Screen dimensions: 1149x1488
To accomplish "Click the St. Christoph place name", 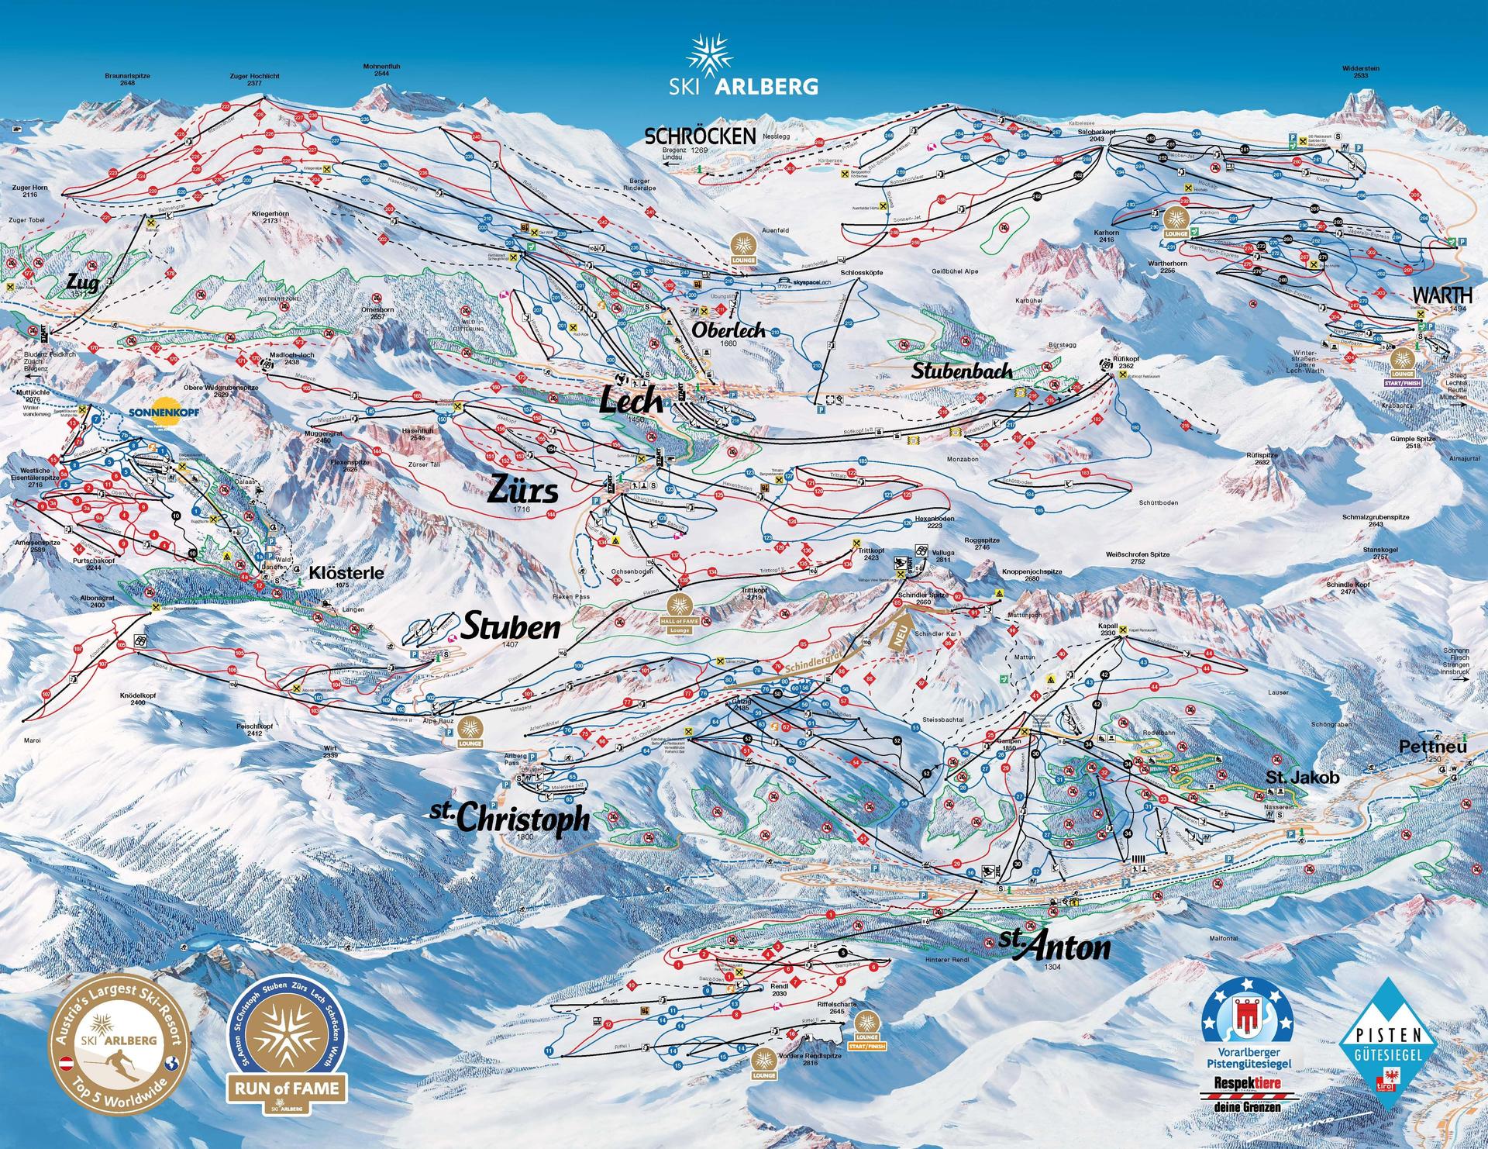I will pyautogui.click(x=509, y=817).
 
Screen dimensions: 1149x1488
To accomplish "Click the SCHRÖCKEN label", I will pyautogui.click(x=700, y=136).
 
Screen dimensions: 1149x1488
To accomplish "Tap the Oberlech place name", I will pyautogui.click(x=728, y=330).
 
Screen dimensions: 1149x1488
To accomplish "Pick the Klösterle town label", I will pyautogui.click(x=346, y=573).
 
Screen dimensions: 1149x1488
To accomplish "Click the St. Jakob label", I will pyautogui.click(x=1291, y=776).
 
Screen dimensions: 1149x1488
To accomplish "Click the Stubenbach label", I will pyautogui.click(x=961, y=371).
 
